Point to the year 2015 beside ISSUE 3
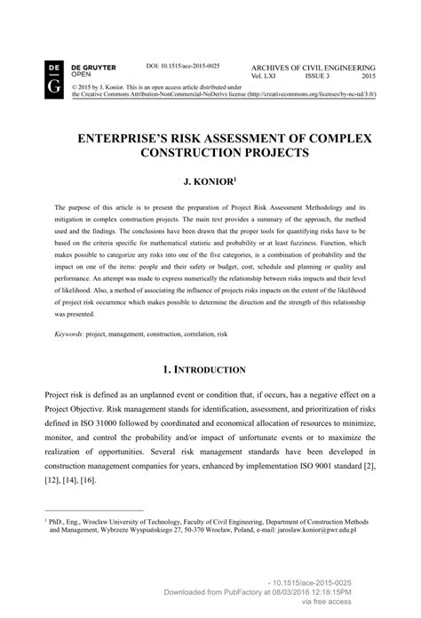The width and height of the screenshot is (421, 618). (x=365, y=76)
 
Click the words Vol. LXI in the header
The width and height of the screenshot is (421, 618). (x=269, y=76)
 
